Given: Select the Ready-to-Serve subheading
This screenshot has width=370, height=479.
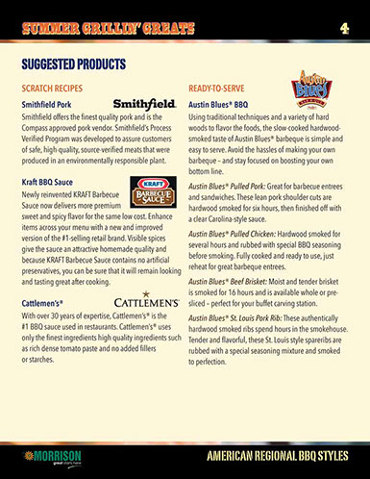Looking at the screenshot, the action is click(219, 86).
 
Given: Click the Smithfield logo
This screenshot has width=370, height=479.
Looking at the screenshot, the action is click(144, 101).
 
